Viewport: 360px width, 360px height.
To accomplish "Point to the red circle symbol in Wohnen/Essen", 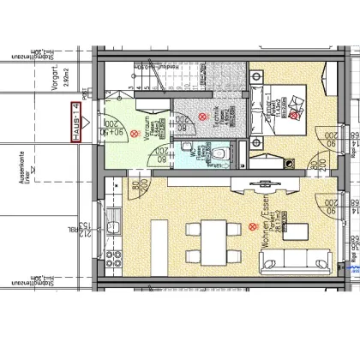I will coord(252,227).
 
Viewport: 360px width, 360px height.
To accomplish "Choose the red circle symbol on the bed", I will coord(295,112).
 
